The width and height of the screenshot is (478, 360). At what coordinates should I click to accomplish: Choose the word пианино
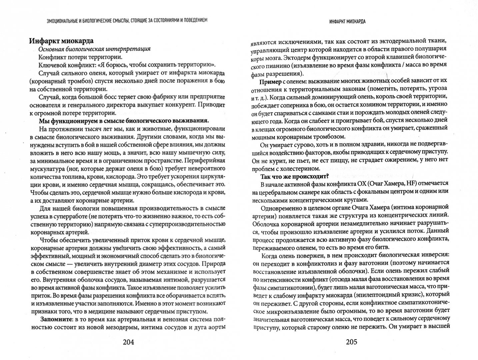coord(283,65)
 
